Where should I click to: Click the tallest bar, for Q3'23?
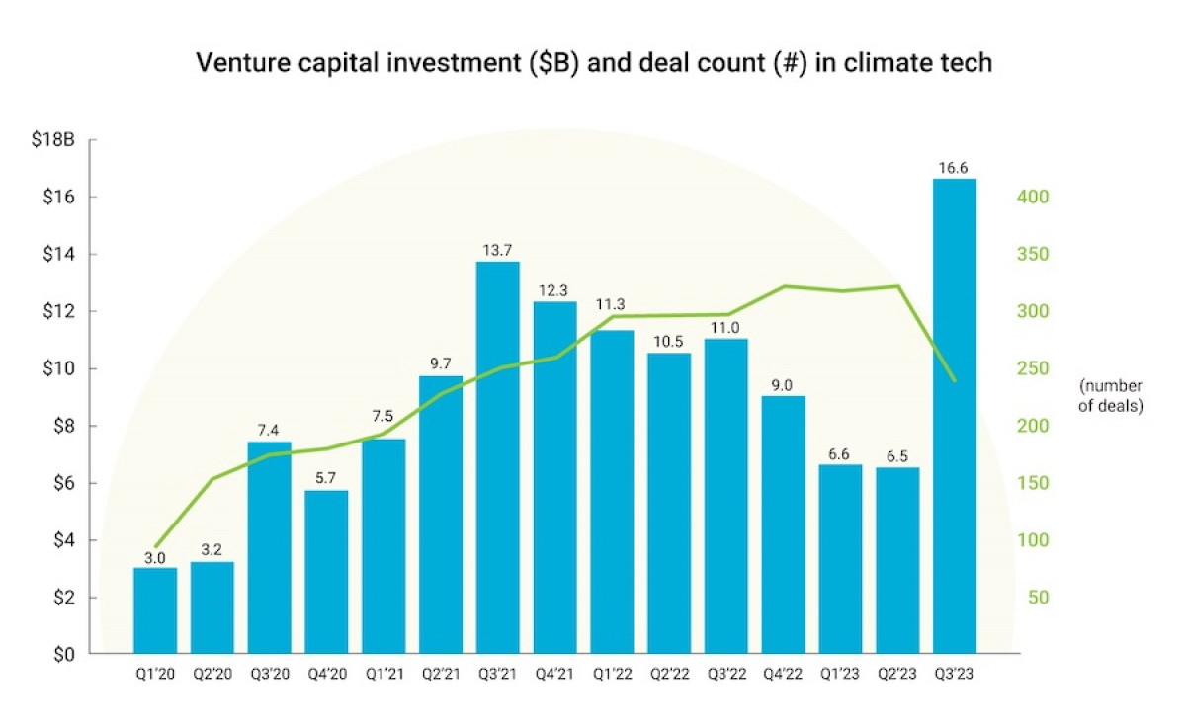[955, 415]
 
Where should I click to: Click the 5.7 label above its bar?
[326, 476]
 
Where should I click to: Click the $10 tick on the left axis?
[61, 369]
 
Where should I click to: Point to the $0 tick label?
[65, 655]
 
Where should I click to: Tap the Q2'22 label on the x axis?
[669, 676]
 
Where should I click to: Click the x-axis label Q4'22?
[783, 676]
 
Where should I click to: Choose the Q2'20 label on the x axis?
[212, 676]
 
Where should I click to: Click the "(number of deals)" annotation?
[1111, 395]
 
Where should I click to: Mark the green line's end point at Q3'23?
[955, 380]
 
